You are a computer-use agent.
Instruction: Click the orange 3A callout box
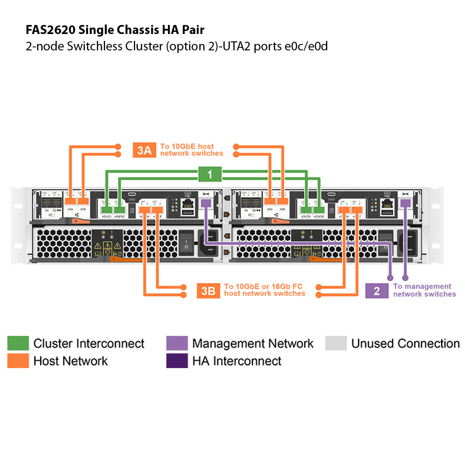[x=144, y=150]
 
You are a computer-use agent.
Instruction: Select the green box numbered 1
[x=210, y=174]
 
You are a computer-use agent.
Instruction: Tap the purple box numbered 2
[x=377, y=291]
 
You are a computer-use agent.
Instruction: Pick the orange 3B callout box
[x=208, y=291]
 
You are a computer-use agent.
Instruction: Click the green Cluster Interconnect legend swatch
[x=18, y=344]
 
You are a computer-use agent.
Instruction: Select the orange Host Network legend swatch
[x=18, y=361]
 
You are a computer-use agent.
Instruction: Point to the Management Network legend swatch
[x=177, y=344]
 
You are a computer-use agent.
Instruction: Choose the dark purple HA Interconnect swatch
[x=177, y=361]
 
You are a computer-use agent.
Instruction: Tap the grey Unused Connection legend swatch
[x=336, y=344]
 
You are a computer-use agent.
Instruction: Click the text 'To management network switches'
[x=424, y=290]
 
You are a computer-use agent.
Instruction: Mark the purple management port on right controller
[x=405, y=203]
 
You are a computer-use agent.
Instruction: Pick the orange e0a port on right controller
[x=270, y=201]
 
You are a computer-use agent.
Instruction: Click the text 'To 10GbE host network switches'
[x=192, y=150]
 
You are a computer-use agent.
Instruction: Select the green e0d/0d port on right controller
[x=319, y=210]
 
